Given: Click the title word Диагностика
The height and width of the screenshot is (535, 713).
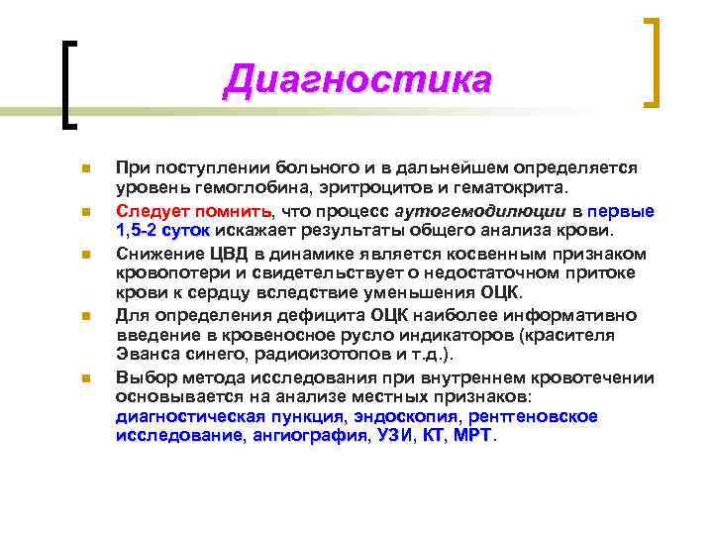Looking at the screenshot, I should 356,79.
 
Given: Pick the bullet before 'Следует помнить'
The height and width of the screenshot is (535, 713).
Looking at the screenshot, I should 86,212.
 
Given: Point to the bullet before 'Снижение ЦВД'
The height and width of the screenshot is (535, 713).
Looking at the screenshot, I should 86,255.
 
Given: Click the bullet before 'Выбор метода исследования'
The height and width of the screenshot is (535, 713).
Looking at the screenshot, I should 86,377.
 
